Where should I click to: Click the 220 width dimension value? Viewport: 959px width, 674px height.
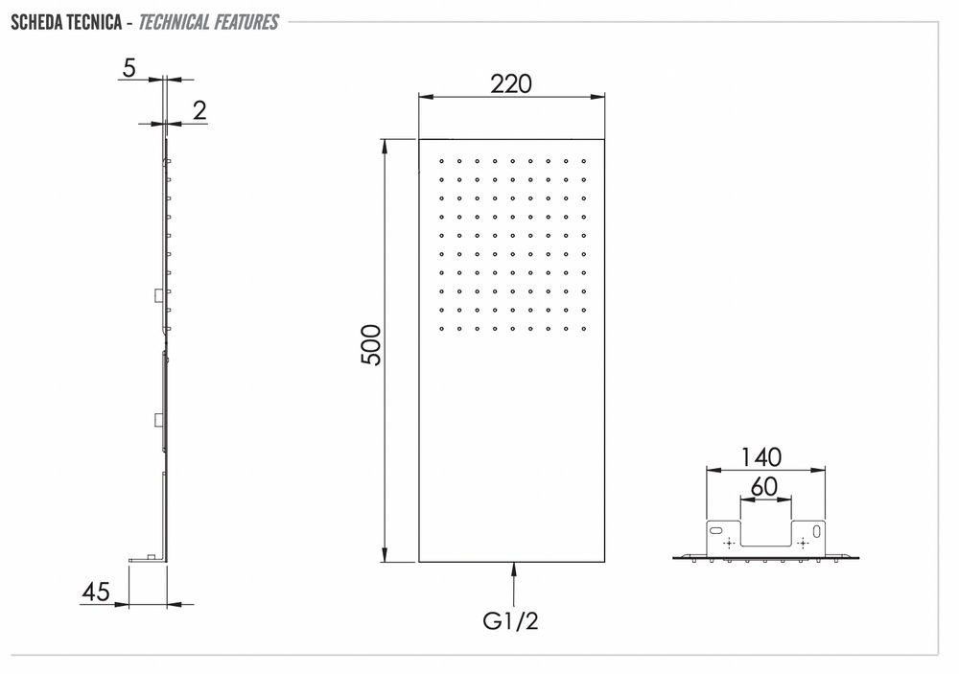tap(511, 84)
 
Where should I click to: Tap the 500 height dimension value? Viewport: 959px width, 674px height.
tap(371, 345)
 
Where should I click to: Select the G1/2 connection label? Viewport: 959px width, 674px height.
tap(511, 621)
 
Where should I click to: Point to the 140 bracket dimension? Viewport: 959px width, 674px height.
tap(761, 457)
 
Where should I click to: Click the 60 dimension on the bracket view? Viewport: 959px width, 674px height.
tap(764, 487)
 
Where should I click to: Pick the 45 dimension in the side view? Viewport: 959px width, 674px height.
tap(96, 592)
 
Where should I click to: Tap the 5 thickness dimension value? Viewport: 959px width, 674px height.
tap(129, 68)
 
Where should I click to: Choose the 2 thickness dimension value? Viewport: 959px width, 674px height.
tap(199, 110)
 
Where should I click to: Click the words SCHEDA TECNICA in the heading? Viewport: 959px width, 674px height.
tap(66, 23)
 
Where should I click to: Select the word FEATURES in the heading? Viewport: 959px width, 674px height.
tap(246, 23)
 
